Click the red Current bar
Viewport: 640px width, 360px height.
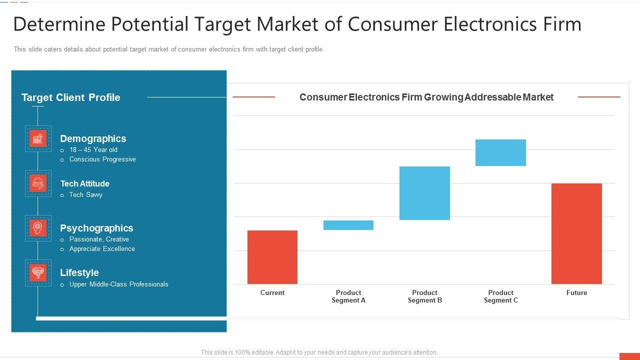[x=272, y=257]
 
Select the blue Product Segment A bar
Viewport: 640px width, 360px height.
[x=348, y=225]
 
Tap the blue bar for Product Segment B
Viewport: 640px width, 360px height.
[x=424, y=193]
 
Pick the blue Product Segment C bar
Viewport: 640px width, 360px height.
[x=500, y=152]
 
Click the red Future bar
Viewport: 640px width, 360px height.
[x=576, y=233]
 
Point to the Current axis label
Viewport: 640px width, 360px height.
[x=272, y=292]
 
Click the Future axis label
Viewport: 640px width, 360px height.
[x=576, y=292]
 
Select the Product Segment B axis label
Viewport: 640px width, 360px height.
[x=424, y=296]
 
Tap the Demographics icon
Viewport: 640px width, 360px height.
[x=38, y=139]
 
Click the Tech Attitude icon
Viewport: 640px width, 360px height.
[x=38, y=183]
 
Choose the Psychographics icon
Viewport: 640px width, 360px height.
[x=38, y=228]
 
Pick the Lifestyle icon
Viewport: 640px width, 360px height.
[x=38, y=272]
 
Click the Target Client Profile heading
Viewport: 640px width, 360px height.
[x=71, y=97]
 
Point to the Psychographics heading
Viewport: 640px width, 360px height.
[x=96, y=228]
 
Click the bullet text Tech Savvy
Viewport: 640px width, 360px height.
[x=86, y=194]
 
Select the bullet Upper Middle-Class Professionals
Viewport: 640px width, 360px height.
[x=118, y=284]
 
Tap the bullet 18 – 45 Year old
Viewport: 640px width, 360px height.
[x=93, y=149]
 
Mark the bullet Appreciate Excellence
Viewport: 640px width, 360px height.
[x=102, y=248]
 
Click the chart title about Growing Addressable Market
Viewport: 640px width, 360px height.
[x=426, y=97]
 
